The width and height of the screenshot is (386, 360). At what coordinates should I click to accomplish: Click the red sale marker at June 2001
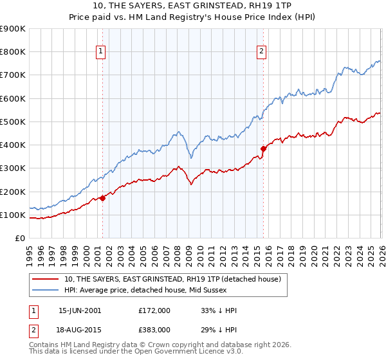[103, 198]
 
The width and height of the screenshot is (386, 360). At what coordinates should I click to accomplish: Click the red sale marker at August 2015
[263, 148]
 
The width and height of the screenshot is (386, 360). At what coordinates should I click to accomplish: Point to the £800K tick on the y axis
[13, 52]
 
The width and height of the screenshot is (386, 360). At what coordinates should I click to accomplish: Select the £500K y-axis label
[13, 122]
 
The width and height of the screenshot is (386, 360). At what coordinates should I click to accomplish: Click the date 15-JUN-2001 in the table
[80, 310]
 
